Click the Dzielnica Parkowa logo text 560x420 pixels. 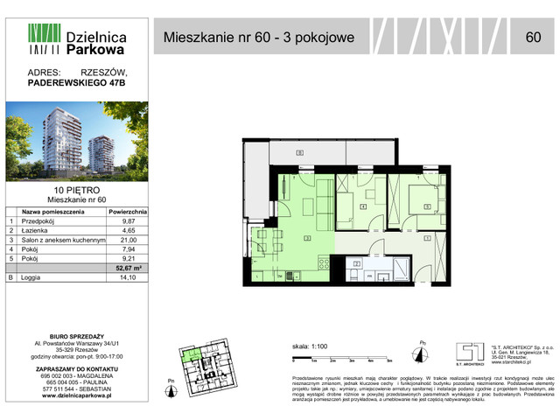[x=96, y=43]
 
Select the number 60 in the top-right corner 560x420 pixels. [x=533, y=37]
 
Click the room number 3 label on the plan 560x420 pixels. [x=307, y=237]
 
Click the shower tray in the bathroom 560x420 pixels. [x=402, y=268]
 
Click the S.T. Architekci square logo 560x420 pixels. [x=467, y=349]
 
